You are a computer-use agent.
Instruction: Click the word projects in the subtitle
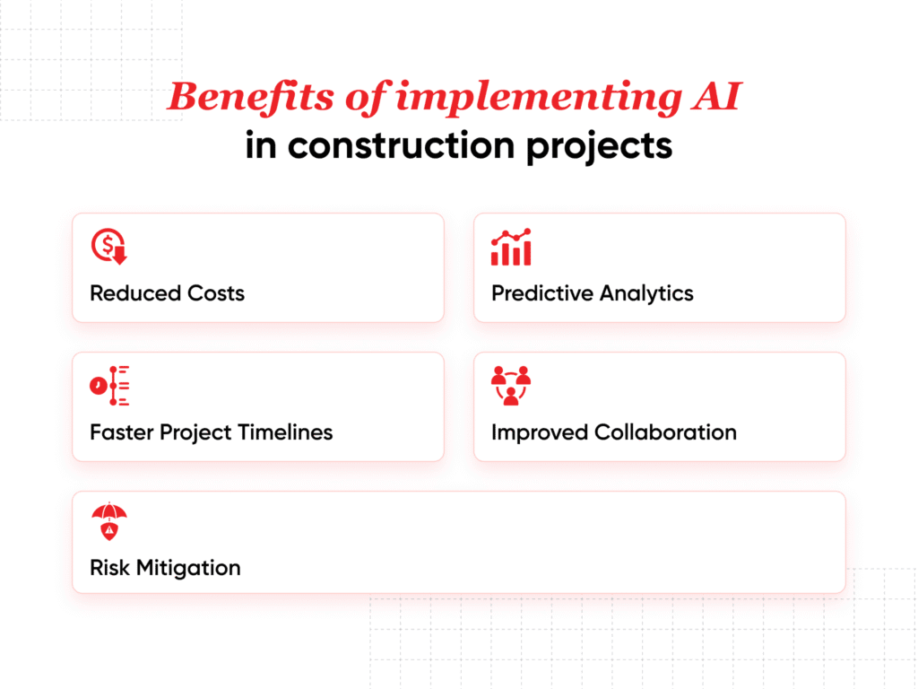click(x=600, y=145)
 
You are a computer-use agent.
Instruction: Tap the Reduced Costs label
click(x=167, y=293)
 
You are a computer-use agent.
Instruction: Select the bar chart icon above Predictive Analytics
click(x=511, y=247)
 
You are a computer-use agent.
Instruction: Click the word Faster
click(x=122, y=432)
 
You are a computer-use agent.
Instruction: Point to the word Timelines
click(x=285, y=432)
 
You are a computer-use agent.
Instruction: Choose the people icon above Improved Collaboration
click(x=511, y=386)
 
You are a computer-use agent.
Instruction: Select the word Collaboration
click(x=665, y=432)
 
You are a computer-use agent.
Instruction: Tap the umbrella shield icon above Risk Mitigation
click(x=109, y=523)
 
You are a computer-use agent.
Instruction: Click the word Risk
click(x=109, y=568)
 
